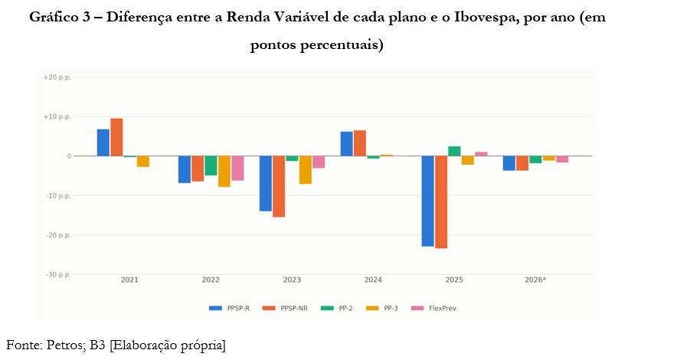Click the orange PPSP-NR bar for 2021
tap(116, 137)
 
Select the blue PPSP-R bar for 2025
tap(428, 201)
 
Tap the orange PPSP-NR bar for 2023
tap(279, 186)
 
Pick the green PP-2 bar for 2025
tap(455, 151)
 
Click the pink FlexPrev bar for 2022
tap(237, 169)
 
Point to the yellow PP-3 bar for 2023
tap(306, 170)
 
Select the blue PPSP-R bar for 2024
tap(347, 144)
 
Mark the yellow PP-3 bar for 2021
tap(143, 162)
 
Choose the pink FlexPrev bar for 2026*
tap(562, 159)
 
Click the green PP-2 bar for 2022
tap(211, 165)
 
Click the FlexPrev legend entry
tap(433, 308)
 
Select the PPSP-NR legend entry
tap(285, 308)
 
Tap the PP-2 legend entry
tap(337, 308)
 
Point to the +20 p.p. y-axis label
tap(57, 77)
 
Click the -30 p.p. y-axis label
tap(58, 274)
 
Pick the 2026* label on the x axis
tap(535, 280)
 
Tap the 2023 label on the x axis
tap(292, 280)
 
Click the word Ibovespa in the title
tap(486, 18)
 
